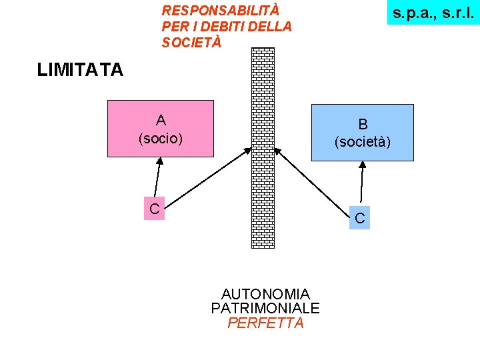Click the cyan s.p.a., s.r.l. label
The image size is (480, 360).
(x=433, y=13)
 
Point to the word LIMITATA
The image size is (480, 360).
(x=81, y=70)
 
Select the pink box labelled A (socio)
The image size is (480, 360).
(x=161, y=129)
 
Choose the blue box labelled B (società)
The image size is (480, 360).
(x=362, y=133)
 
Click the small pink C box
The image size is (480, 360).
(x=154, y=209)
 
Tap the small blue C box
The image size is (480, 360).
(x=360, y=217)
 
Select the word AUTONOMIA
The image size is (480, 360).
(x=265, y=294)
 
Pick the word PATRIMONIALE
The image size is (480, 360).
(x=265, y=309)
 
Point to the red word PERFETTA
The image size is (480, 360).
(x=265, y=323)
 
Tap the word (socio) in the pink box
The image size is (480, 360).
(x=161, y=139)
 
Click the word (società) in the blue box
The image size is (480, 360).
(x=363, y=142)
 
